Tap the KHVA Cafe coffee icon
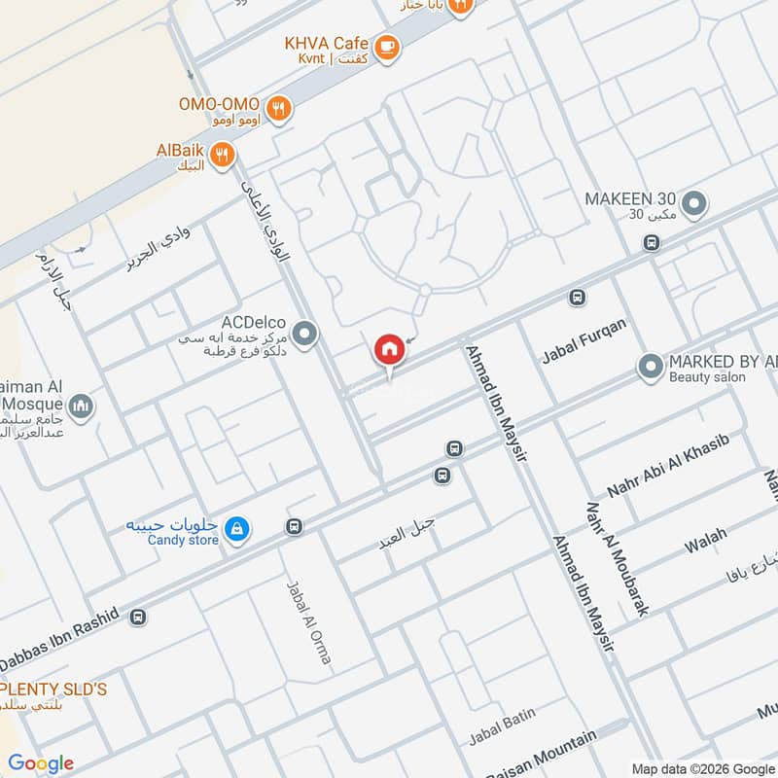coord(387,46)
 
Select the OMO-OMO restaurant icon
coord(279,109)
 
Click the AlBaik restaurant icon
coord(223,153)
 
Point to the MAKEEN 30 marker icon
coord(694,204)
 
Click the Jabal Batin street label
coord(502,723)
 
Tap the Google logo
coord(41,763)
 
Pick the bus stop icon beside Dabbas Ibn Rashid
coord(138,617)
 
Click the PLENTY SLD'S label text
coord(53,690)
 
